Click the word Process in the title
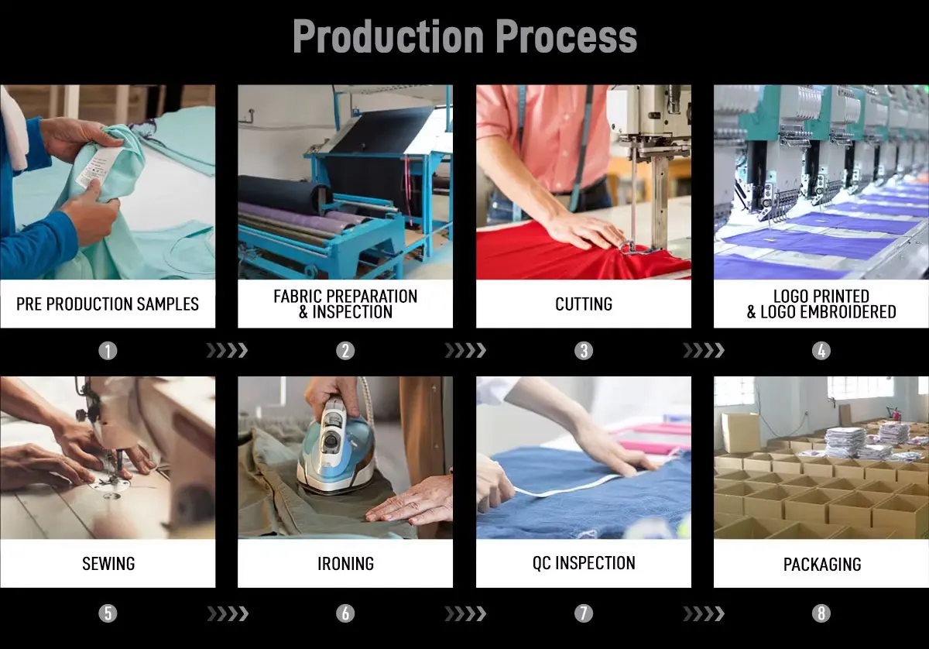[x=566, y=36]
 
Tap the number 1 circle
[x=108, y=351]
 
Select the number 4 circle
[x=821, y=351]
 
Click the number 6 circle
[x=345, y=613]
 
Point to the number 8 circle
[x=821, y=613]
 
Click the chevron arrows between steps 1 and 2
[x=228, y=351]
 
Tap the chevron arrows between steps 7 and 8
[x=704, y=613]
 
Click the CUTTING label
[x=584, y=304]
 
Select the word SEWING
[x=108, y=564]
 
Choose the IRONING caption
[x=345, y=564]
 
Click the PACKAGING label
[x=822, y=565]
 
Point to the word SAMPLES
[x=168, y=304]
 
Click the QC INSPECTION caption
[x=584, y=563]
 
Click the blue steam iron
[x=336, y=448]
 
